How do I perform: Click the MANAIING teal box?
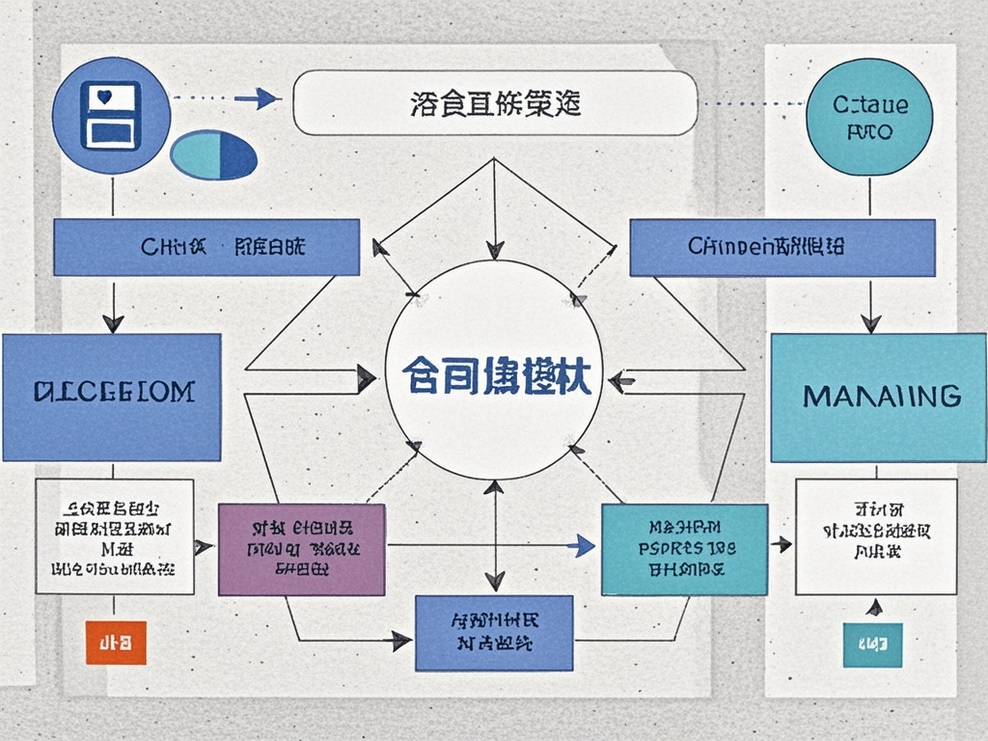tap(878, 398)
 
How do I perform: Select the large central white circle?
tap(493, 370)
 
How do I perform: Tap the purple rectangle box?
tap(301, 549)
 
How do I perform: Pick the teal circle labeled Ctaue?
tap(869, 116)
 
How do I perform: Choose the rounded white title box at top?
tap(494, 102)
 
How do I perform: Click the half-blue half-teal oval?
tap(213, 154)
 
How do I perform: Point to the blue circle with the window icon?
tap(112, 114)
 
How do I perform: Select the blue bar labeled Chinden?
tap(782, 248)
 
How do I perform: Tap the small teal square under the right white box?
tap(872, 645)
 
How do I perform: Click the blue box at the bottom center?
tap(493, 632)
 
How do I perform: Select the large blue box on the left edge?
tap(111, 397)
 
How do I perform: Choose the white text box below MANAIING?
tap(875, 537)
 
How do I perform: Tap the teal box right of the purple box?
tap(684, 549)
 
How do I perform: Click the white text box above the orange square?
tap(114, 535)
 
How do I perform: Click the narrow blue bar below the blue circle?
tap(206, 247)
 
